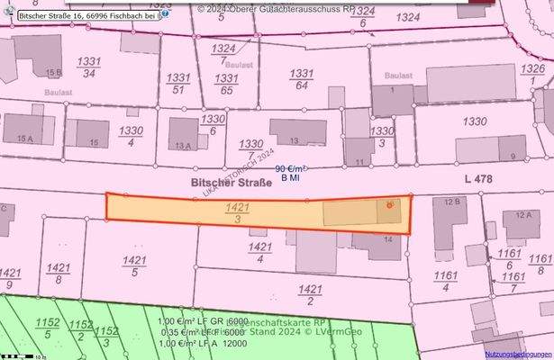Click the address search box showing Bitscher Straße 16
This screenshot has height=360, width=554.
(86, 15)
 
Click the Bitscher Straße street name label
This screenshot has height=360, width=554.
(224, 182)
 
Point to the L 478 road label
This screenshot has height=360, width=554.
(478, 180)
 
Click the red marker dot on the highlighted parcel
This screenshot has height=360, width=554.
(389, 206)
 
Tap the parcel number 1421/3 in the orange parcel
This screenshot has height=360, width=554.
(237, 213)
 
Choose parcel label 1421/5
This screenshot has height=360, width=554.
(133, 265)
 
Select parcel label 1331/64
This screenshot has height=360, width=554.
(302, 79)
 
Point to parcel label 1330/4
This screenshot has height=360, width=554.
(132, 136)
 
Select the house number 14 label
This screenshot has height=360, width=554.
(387, 239)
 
